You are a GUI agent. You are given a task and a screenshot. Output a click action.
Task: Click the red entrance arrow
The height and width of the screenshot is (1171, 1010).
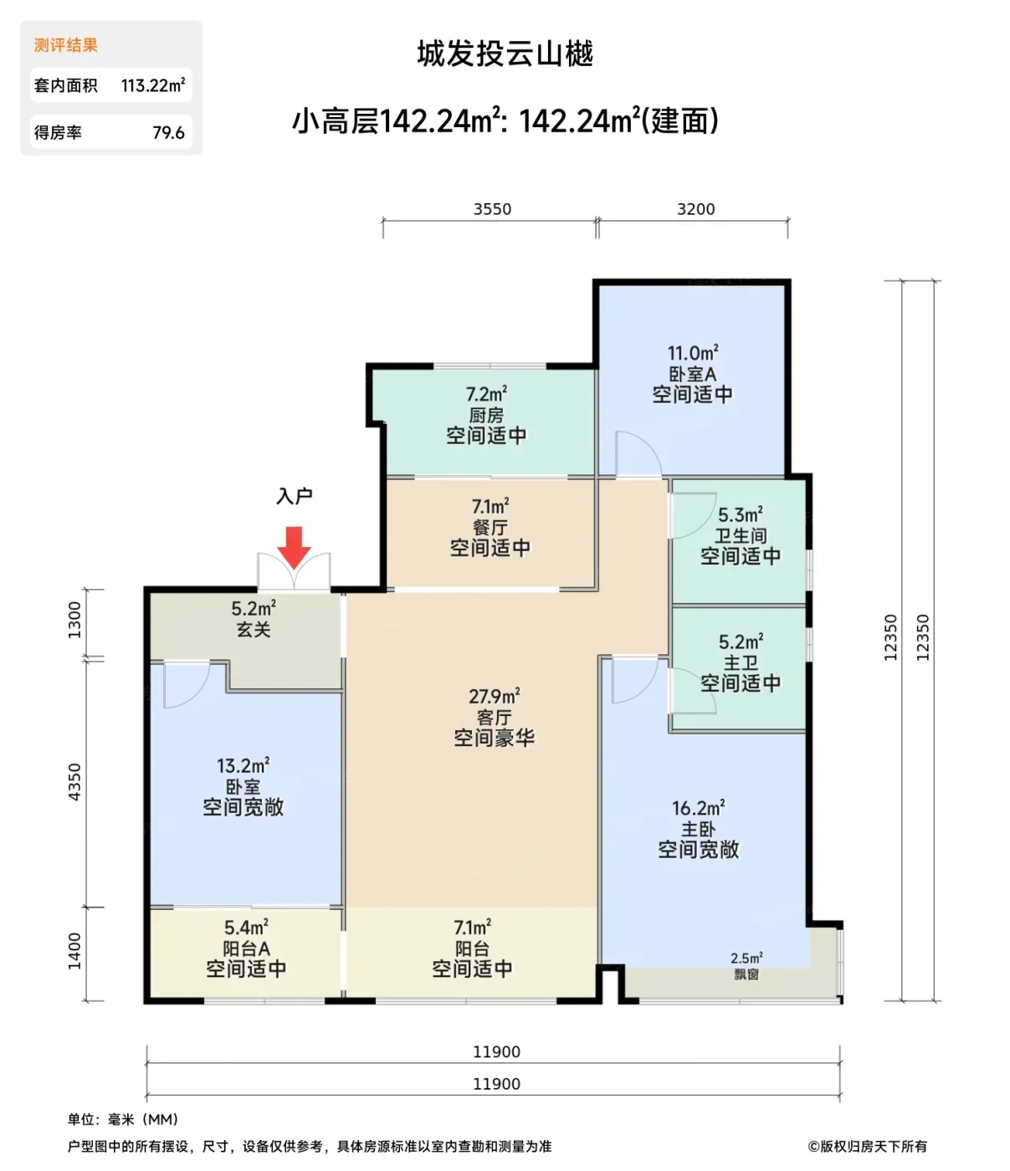(294, 547)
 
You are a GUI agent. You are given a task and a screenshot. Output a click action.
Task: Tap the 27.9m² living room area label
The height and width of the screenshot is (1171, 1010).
(495, 696)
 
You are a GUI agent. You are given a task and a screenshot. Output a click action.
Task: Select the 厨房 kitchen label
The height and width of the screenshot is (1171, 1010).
(486, 415)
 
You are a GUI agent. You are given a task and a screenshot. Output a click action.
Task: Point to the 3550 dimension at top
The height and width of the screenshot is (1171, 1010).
(493, 209)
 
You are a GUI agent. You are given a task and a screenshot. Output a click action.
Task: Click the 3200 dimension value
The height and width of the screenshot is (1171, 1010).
(696, 209)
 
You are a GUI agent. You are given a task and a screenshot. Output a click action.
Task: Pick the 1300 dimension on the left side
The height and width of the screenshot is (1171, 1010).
(74, 620)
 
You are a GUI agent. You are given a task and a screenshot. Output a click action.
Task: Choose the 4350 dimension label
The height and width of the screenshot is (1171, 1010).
(74, 782)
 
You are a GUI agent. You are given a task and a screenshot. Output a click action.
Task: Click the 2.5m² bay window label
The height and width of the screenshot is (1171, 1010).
(746, 958)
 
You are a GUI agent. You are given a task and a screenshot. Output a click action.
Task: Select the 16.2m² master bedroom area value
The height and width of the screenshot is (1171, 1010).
(698, 809)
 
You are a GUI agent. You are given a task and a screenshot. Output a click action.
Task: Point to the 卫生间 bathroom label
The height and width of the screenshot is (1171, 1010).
(741, 535)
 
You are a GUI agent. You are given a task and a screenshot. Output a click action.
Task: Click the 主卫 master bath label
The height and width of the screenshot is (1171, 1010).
(741, 662)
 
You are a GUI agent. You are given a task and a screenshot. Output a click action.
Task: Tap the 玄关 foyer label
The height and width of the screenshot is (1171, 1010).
(254, 629)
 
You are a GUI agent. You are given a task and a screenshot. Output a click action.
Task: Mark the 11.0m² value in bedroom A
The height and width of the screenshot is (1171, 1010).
(693, 353)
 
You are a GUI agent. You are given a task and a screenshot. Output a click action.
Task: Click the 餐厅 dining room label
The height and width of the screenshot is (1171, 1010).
(490, 528)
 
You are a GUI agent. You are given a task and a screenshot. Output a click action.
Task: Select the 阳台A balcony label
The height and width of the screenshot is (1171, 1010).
(246, 949)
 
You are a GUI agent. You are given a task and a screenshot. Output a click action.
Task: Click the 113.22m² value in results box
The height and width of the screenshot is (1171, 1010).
(153, 85)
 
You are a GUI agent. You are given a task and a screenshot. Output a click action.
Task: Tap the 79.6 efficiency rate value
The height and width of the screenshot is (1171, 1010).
(168, 132)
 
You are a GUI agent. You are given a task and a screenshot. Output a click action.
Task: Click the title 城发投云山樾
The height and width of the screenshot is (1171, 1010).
(505, 54)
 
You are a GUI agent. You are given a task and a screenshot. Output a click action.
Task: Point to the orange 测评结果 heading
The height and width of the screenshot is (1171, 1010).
(66, 45)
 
